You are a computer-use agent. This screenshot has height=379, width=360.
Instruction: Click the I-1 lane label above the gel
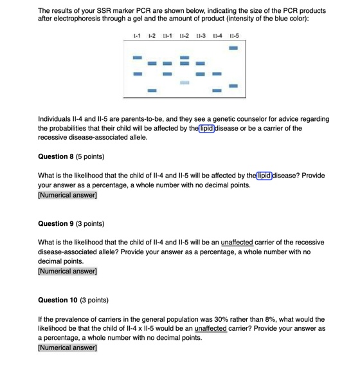(x=136, y=33)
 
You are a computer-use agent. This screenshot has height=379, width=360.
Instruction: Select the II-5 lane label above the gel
(x=233, y=33)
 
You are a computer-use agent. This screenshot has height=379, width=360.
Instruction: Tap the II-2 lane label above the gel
(x=184, y=33)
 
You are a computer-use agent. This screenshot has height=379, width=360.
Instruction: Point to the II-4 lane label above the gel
(x=217, y=33)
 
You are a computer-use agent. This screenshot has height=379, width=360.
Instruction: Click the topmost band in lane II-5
(x=233, y=47)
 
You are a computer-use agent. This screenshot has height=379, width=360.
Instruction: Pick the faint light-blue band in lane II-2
(x=184, y=84)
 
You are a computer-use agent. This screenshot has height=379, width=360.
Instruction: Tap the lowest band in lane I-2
(x=152, y=91)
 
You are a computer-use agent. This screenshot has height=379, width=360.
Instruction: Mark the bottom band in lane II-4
(x=217, y=91)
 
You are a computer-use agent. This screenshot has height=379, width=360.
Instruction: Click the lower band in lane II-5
(x=233, y=85)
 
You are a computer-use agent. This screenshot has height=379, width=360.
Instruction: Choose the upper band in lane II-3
(x=200, y=63)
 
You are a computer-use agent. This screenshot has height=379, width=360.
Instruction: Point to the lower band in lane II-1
(x=168, y=75)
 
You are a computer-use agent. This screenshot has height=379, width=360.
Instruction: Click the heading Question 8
(x=71, y=156)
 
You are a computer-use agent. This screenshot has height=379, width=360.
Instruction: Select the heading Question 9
(x=71, y=223)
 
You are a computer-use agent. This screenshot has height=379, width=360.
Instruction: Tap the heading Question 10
(x=73, y=300)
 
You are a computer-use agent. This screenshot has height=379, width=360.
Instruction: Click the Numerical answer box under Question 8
(x=67, y=195)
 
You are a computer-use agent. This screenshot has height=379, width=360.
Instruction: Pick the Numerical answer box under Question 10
(x=67, y=348)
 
